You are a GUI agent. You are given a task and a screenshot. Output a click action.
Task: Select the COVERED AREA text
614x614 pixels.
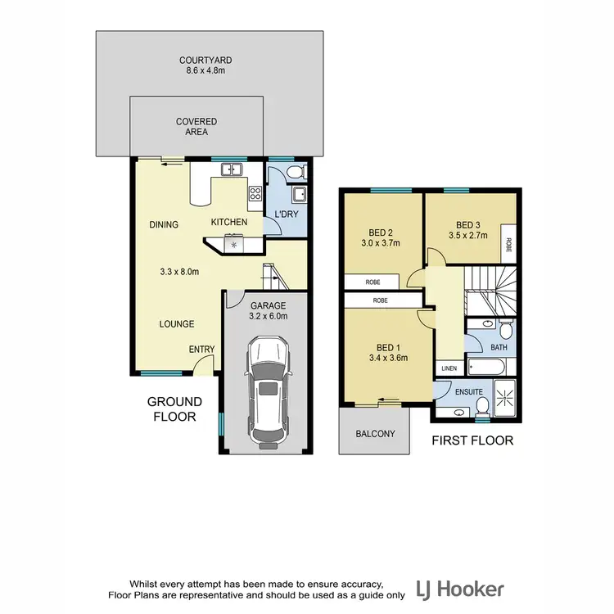[196, 127]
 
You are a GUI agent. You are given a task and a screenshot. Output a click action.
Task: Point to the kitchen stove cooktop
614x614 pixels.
[255, 194]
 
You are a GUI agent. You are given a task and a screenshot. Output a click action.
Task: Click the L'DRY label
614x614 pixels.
[286, 214]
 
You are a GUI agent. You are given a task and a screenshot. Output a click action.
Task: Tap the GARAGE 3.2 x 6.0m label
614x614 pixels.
[268, 311]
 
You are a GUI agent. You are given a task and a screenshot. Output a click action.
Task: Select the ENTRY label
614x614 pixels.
[201, 350]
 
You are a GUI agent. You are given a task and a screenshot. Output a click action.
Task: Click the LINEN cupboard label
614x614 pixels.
[449, 368]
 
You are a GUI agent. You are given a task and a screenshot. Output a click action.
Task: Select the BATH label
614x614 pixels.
[499, 348]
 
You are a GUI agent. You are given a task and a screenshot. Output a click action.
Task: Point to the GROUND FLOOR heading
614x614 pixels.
[174, 409]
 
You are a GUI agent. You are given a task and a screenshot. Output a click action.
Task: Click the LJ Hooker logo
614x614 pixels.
[460, 589]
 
